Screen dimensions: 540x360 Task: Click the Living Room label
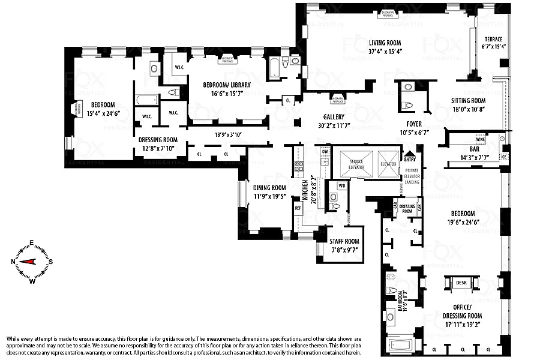(x=385, y=43)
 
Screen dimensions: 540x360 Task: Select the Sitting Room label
(x=468, y=101)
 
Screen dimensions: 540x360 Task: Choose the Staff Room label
(x=344, y=241)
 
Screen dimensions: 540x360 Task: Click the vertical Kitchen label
(x=305, y=190)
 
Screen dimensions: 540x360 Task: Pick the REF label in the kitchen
(x=298, y=208)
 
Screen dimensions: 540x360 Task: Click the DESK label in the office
(x=461, y=282)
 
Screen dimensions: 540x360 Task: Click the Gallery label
(x=334, y=117)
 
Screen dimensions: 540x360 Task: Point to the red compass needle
(x=28, y=261)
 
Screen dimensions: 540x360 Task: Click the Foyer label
(x=414, y=124)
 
